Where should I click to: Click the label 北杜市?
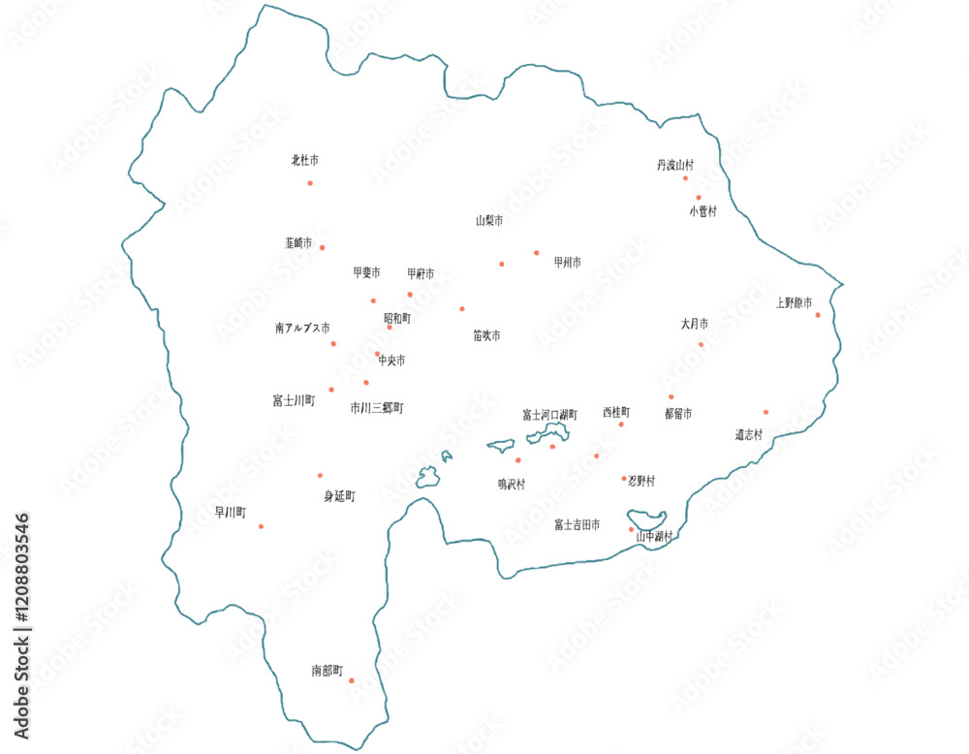click(x=305, y=160)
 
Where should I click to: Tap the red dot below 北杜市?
click(x=310, y=182)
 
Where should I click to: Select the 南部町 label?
click(x=328, y=670)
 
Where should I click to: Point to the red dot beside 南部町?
click(x=351, y=680)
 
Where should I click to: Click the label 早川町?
click(x=231, y=512)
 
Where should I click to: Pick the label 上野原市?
click(x=794, y=303)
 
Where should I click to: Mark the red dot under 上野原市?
click(x=818, y=315)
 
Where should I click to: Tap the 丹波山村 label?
click(x=675, y=166)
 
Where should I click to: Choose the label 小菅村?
click(x=703, y=210)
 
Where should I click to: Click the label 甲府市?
click(x=421, y=274)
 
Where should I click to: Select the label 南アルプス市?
click(x=302, y=329)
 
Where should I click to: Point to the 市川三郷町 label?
click(x=377, y=408)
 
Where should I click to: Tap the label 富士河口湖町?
click(x=549, y=414)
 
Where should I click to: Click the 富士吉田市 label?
click(x=577, y=524)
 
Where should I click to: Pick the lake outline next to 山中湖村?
click(x=647, y=520)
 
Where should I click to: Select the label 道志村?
click(x=749, y=434)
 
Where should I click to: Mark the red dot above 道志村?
click(x=766, y=412)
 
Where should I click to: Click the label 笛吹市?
click(x=486, y=335)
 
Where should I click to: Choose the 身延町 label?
click(x=339, y=496)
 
